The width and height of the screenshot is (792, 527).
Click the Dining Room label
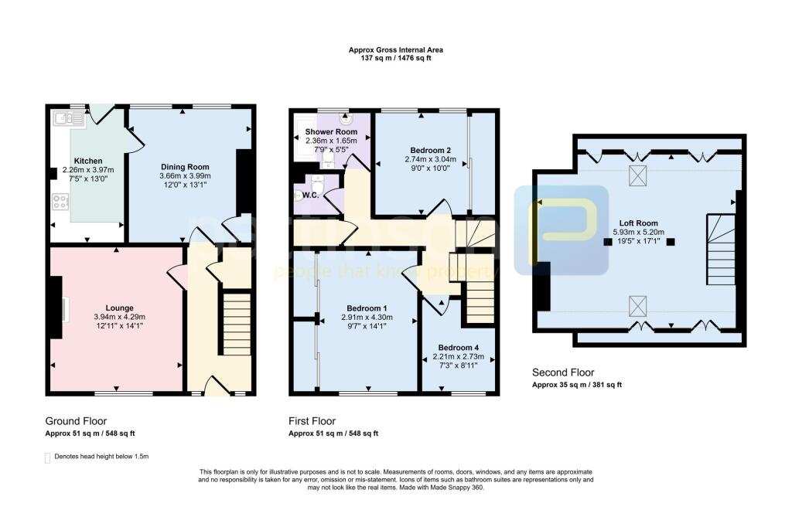point(185,167)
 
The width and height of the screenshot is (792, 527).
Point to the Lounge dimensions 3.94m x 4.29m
point(114,316)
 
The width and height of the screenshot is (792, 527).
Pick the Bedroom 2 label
point(432,150)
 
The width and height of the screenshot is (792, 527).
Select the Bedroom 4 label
point(459,347)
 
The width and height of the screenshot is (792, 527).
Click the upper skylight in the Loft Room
point(638,175)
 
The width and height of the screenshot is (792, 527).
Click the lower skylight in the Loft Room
point(638,306)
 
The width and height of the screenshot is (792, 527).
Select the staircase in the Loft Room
point(719,250)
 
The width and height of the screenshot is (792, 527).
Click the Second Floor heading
point(562,372)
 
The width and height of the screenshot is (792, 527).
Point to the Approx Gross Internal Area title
point(396,50)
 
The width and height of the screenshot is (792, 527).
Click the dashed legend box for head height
point(47,457)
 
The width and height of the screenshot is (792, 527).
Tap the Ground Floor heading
point(77,421)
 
